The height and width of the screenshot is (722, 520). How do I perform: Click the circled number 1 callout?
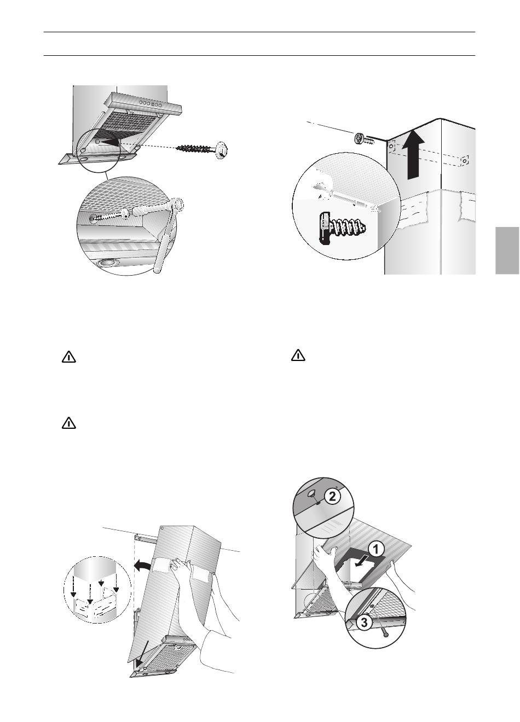tap(376, 550)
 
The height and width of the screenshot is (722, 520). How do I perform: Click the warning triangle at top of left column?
tap(69, 358)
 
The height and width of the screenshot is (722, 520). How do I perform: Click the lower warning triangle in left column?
tap(69, 423)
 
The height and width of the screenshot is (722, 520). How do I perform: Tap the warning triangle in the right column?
tap(298, 355)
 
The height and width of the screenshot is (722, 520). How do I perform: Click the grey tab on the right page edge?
tap(507, 251)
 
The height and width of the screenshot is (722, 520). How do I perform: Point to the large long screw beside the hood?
tap(203, 149)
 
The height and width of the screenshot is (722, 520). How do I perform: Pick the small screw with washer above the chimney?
tap(365, 139)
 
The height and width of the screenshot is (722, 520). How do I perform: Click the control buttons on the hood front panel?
tap(151, 104)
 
